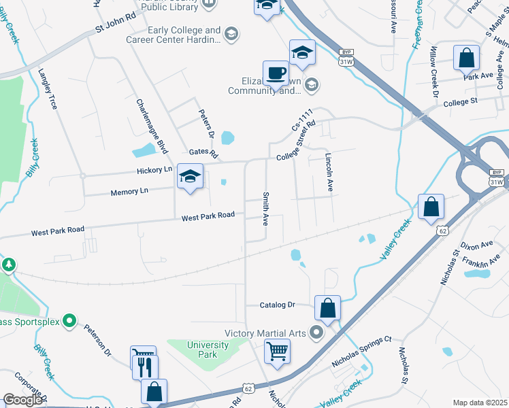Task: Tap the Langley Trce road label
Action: (48, 88)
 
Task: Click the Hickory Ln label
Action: (154, 170)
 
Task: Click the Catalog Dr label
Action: (278, 305)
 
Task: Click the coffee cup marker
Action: (276, 73)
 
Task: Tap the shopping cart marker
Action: (277, 352)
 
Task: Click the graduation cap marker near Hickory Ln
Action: (190, 177)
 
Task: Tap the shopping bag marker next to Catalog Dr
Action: (327, 307)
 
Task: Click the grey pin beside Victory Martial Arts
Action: (316, 333)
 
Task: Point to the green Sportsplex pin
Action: (69, 320)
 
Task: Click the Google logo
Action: (22, 401)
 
